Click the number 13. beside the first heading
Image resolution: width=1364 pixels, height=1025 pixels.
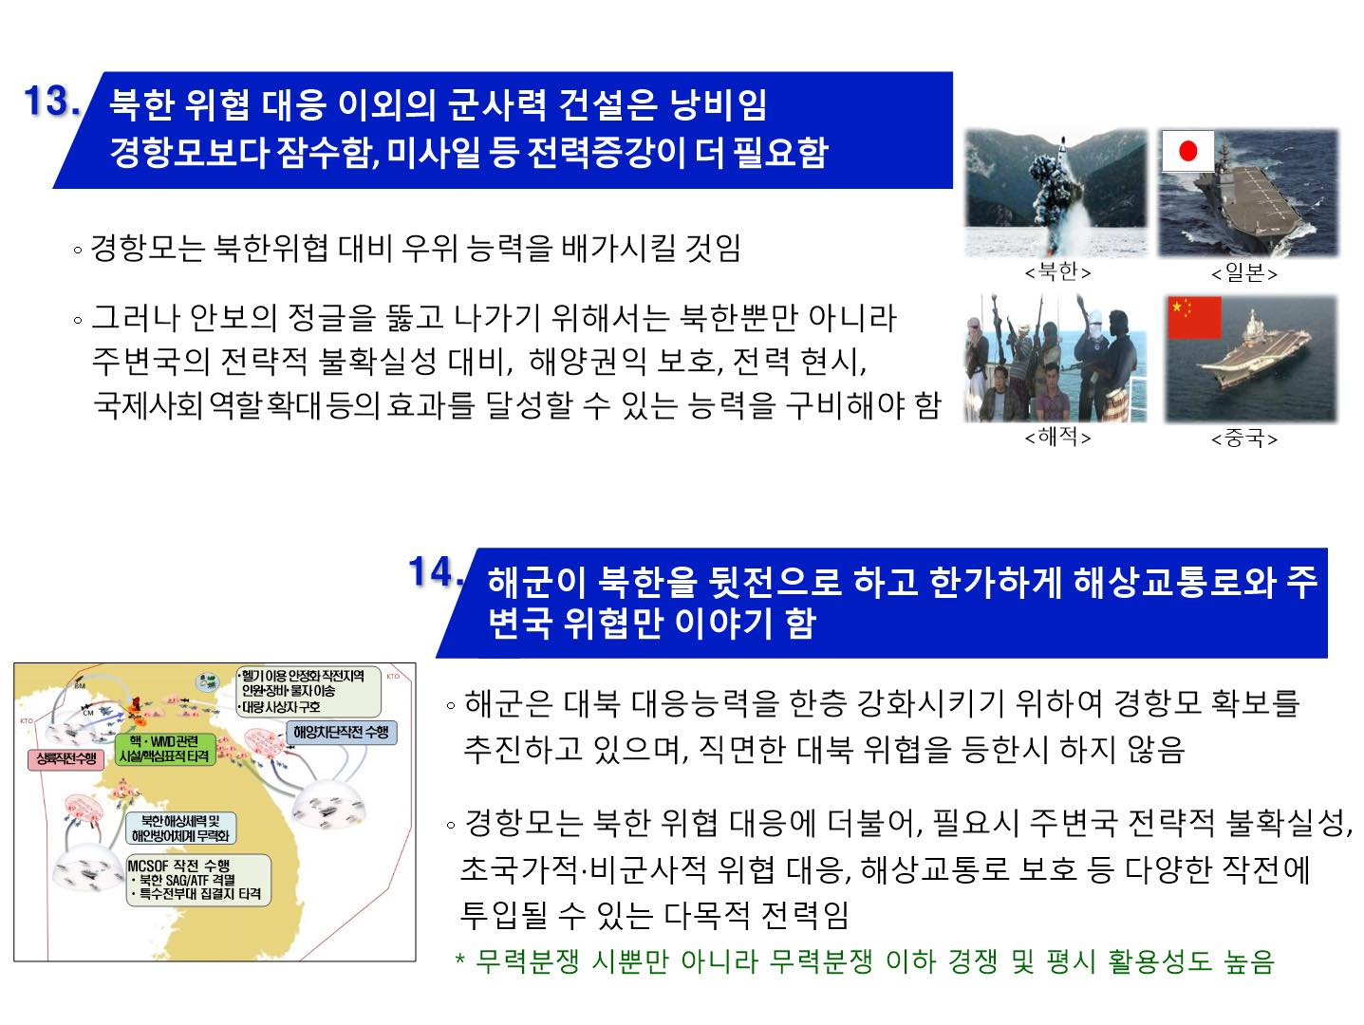[x=52, y=102]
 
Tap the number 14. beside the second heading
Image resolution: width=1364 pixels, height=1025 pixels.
[x=436, y=571]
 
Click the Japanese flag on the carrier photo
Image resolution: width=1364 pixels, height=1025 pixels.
[x=1187, y=151]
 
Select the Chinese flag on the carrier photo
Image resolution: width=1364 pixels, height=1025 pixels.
[x=1193, y=317]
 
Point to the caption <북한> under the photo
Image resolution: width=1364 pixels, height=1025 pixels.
[x=1057, y=272]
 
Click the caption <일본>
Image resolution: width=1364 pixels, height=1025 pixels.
[x=1243, y=273]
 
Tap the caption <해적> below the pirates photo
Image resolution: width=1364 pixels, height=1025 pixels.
[x=1057, y=438]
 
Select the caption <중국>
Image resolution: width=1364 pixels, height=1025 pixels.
[x=1243, y=438]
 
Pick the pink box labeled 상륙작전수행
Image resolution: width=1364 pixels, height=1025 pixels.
[x=62, y=758]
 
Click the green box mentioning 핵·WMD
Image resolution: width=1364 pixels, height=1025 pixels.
[x=163, y=748]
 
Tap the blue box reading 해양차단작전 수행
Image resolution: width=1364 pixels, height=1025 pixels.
[x=341, y=732]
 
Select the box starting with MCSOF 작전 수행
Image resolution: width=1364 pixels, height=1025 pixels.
[x=198, y=880]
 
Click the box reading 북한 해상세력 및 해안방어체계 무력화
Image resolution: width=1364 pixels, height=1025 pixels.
[x=180, y=828]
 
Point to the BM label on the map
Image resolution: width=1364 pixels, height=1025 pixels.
[x=79, y=684]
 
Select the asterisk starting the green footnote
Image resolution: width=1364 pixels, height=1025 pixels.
[x=460, y=962]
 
